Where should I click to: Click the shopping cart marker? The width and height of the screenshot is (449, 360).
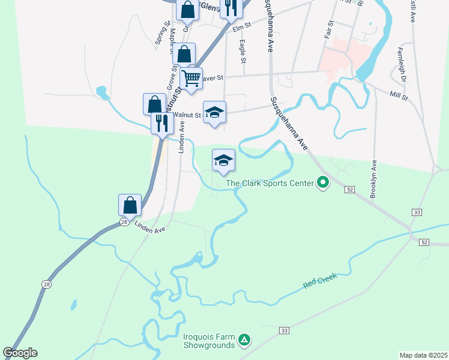coord(191,78)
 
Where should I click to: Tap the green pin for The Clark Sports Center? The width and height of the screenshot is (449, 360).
coord(323,181)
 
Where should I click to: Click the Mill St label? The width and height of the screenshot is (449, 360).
coord(399,95)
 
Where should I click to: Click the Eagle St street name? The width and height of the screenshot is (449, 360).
coord(243,52)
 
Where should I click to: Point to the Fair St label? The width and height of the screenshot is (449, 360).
coord(328,29)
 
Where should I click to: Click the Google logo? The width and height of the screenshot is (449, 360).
coord(20,353)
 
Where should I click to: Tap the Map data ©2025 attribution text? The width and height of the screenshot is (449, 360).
coord(423,355)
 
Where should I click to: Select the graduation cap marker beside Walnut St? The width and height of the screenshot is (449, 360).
coord(214,112)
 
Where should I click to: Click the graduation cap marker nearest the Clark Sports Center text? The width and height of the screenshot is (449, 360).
coord(223,160)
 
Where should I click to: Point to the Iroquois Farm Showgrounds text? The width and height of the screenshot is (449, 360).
coord(209,341)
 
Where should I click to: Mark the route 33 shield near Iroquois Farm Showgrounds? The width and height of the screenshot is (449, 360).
coord(284,331)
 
